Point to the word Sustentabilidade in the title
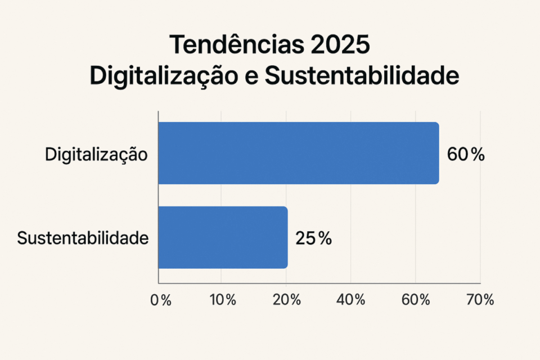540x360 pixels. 361,76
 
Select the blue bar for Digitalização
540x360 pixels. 298,153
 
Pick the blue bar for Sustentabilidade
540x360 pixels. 223,237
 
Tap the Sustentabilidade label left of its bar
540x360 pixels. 83,238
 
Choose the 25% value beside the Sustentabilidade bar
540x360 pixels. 313,238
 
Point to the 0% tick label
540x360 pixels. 160,300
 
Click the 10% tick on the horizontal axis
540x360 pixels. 222,300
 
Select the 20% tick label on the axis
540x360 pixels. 287,300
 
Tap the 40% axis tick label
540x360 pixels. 352,300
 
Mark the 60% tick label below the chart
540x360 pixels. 416,300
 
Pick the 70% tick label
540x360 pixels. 480,300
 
